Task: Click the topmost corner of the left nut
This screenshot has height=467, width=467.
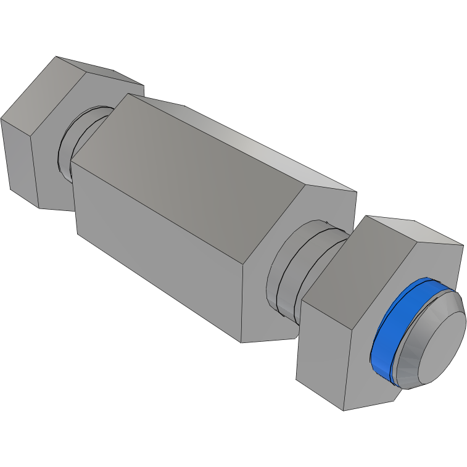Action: pyautogui.click(x=56, y=57)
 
